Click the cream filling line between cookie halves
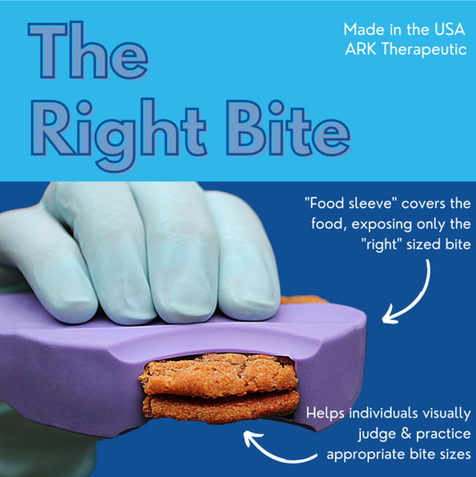[219, 393]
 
